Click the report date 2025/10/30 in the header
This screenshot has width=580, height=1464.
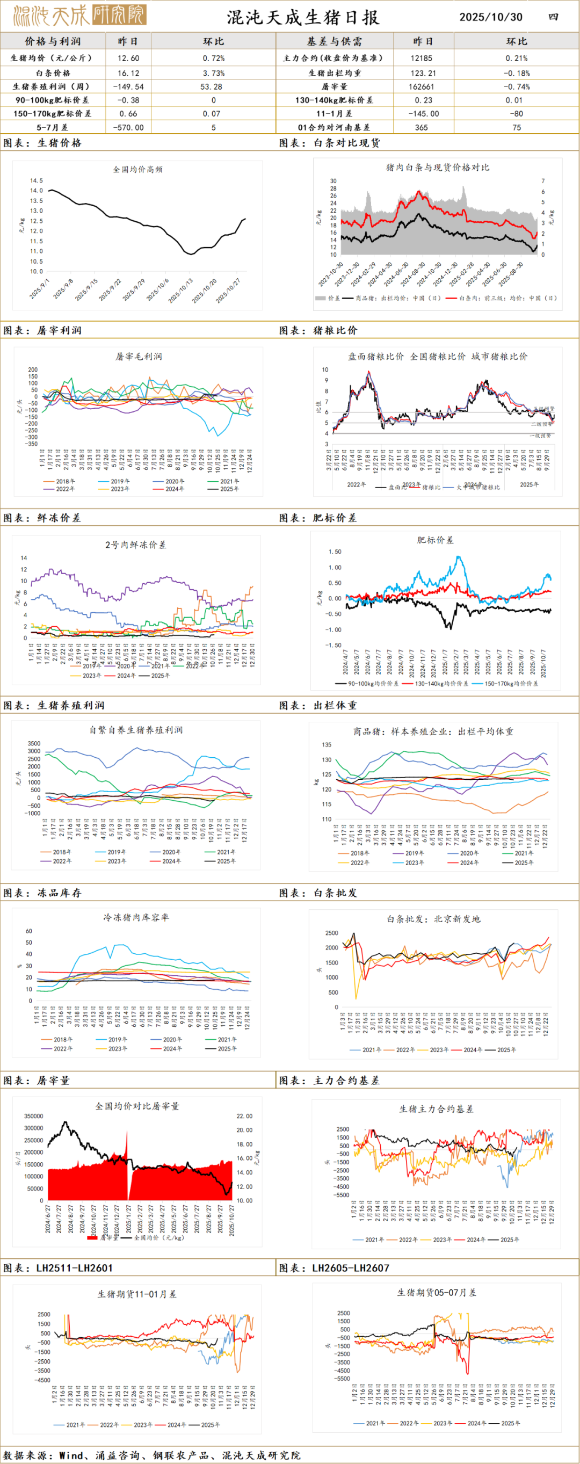coord(490,17)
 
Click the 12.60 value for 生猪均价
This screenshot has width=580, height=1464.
coord(128,58)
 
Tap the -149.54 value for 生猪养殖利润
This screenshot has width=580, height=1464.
coord(128,87)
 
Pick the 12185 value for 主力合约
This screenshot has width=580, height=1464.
coord(422,58)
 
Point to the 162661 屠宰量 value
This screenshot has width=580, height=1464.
coord(422,87)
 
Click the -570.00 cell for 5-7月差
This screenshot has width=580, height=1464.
coord(128,128)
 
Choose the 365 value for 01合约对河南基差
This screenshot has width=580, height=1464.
coord(422,128)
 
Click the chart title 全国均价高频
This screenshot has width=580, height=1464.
coord(137,169)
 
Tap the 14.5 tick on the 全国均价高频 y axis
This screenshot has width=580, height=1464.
coord(37,181)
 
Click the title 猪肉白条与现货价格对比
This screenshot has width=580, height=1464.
coord(437,168)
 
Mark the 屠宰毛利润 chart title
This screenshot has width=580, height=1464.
coord(139,357)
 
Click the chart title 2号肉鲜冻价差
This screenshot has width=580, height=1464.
coord(136,545)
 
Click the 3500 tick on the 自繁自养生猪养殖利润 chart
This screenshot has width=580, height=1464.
coord(34,743)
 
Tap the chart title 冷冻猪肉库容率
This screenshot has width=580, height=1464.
coord(136,917)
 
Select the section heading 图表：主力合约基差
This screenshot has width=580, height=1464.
coord(330,1081)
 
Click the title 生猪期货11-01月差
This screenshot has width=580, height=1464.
coord(137,1294)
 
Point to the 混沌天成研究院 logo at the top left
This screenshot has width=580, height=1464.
coord(79,16)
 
